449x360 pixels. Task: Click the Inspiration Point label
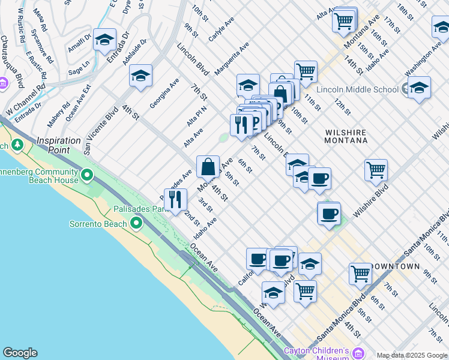[58, 145]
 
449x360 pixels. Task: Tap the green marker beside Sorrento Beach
[136, 224]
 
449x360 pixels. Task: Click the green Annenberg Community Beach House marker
[88, 175]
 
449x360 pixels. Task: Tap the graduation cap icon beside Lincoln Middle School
[419, 88]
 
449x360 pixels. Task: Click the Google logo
[20, 353]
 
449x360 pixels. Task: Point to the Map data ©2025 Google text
[411, 355]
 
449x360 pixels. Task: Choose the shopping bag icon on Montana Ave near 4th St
[208, 166]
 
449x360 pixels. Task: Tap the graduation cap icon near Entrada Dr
[104, 39]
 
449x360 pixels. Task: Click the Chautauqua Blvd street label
[11, 59]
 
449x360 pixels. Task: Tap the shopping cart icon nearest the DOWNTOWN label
[360, 273]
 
